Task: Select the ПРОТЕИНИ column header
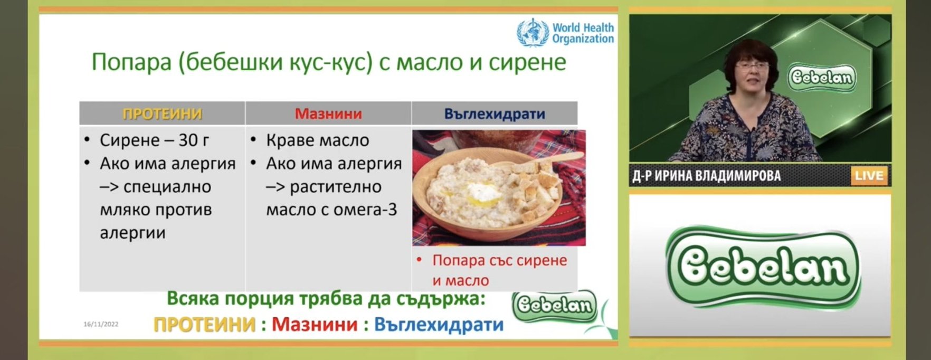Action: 162,113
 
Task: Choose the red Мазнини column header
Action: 328,113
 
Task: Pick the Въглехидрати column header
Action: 495,113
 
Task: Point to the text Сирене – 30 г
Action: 154,140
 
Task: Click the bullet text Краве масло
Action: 318,140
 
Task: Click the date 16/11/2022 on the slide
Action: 101,324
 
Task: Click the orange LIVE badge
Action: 869,176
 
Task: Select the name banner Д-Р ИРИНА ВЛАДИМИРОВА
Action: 707,176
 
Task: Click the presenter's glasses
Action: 751,67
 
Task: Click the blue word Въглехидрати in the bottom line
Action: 439,325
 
